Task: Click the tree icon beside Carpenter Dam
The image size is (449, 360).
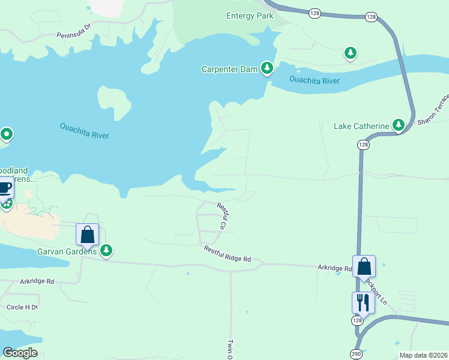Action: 267,69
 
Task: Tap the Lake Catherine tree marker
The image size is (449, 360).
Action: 397,125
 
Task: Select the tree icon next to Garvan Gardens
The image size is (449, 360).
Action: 106,251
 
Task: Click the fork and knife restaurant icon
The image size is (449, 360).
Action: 363,302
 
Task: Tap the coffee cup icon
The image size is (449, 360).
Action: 5,187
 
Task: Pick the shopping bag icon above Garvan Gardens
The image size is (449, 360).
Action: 87,234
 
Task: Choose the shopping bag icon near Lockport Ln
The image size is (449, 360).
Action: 364,266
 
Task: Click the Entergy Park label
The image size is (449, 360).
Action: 250,16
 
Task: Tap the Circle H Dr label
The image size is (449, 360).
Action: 22,307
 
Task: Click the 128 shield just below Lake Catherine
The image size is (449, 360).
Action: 363,145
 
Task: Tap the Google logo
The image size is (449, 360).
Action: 20,353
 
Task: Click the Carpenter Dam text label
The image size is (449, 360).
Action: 230,69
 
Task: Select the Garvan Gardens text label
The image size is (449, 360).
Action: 67,251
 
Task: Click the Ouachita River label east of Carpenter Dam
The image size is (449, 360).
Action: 314,81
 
